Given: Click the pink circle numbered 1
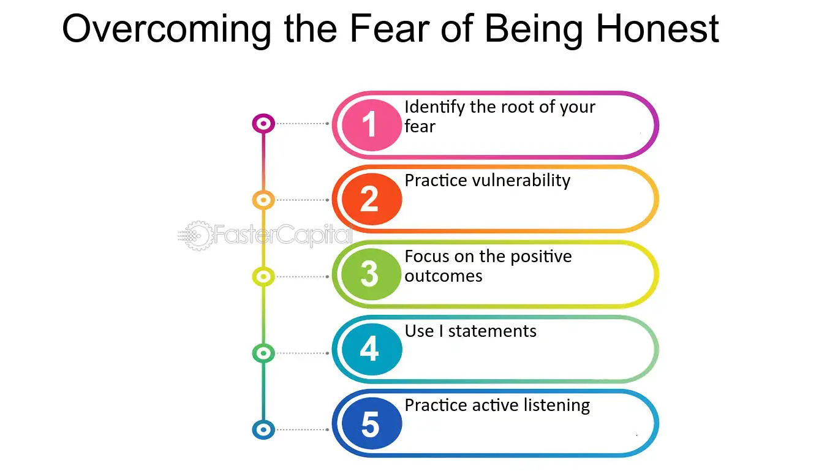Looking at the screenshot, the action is tap(371, 125).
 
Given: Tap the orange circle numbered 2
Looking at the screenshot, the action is tap(371, 199).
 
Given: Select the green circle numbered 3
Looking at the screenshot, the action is tap(371, 274).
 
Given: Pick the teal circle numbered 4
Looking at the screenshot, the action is tap(371, 349).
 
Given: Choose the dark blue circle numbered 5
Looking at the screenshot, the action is tap(371, 423).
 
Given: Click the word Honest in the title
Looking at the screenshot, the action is tap(657, 28).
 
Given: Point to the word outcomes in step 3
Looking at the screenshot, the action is tap(444, 276).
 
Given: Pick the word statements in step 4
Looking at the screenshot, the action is tap(492, 331).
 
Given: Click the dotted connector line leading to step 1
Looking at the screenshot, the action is tap(303, 123).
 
